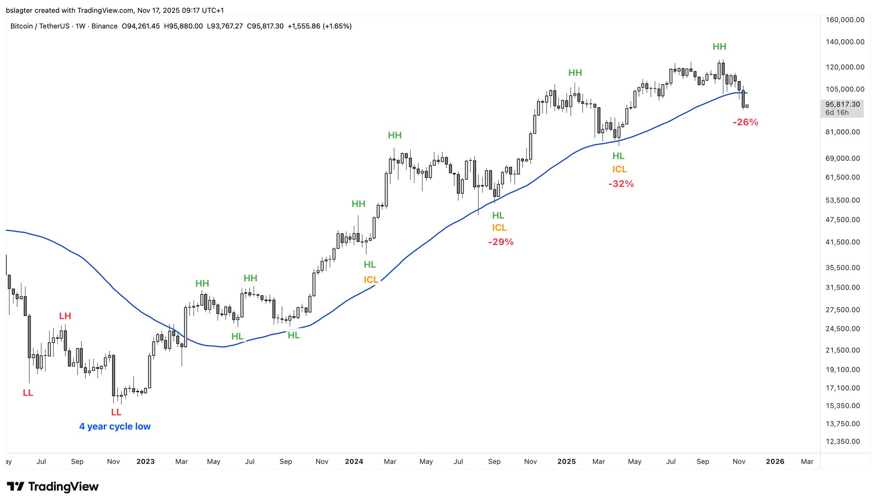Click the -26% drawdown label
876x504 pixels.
click(x=745, y=122)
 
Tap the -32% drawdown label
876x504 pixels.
click(x=621, y=184)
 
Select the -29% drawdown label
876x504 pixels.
click(x=501, y=242)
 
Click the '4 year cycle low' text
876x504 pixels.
click(x=115, y=426)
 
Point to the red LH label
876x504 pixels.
click(x=65, y=316)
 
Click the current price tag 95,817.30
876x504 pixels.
click(x=842, y=104)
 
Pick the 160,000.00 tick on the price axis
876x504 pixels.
click(x=844, y=20)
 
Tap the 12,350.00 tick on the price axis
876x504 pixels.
click(x=843, y=441)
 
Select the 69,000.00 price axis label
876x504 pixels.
click(x=843, y=158)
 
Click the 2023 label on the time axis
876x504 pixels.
click(x=145, y=461)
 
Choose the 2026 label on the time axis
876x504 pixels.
click(x=775, y=461)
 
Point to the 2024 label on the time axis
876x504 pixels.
click(x=354, y=461)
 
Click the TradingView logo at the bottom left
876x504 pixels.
click(x=53, y=486)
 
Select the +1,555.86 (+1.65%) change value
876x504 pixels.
click(x=319, y=26)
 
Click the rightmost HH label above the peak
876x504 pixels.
click(x=719, y=47)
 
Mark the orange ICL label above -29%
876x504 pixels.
click(x=499, y=228)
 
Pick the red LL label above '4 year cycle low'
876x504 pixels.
click(x=116, y=412)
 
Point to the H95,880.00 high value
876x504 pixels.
click(x=183, y=26)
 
